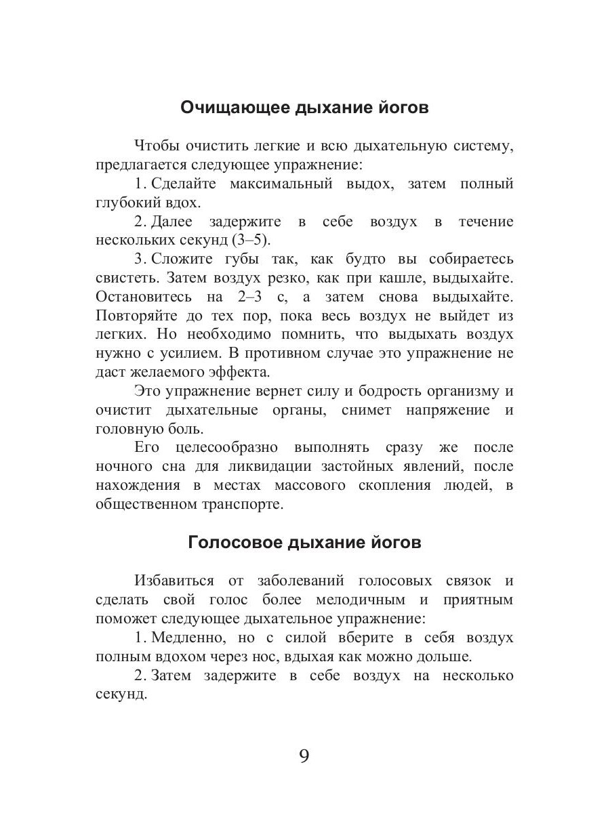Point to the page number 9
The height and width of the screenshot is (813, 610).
click(304, 756)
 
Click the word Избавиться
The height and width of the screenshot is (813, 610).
click(174, 581)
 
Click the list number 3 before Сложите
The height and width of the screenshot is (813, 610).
click(139, 259)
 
